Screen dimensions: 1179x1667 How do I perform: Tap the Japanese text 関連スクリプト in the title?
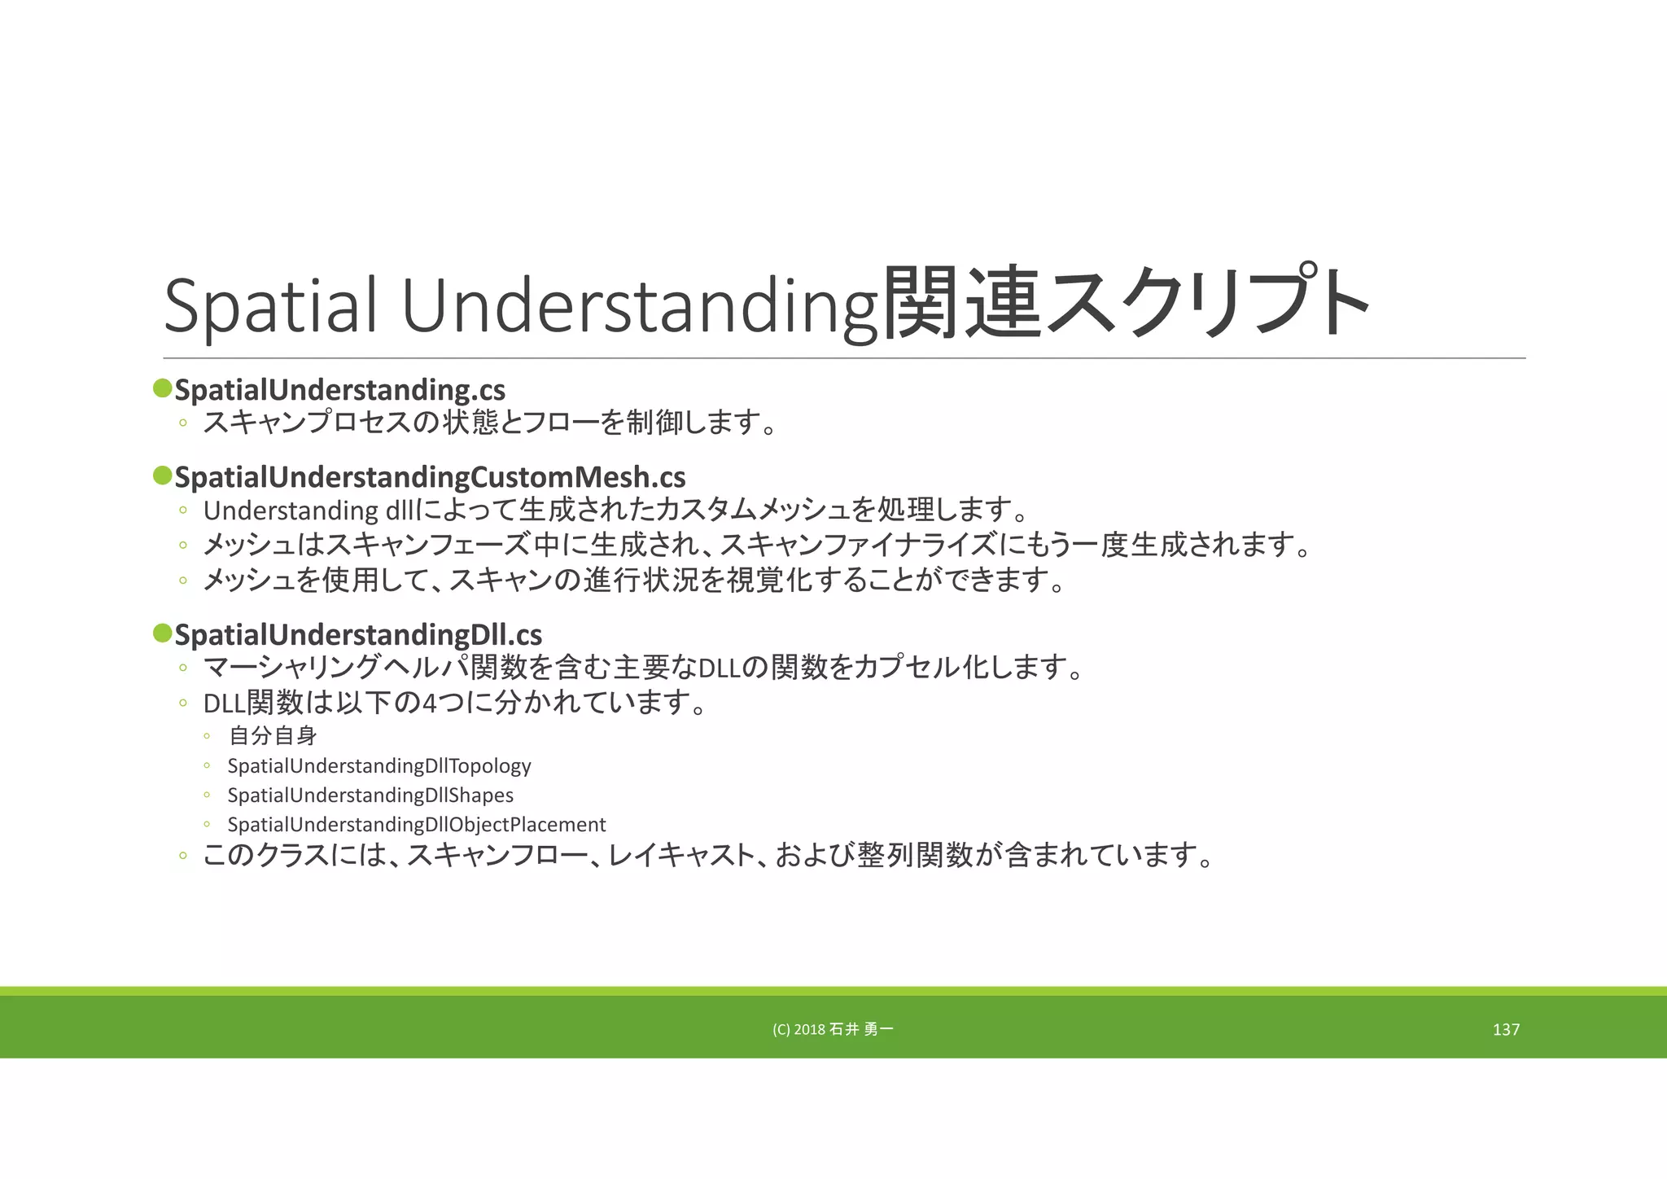point(1126,303)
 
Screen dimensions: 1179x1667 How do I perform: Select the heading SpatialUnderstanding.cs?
point(340,390)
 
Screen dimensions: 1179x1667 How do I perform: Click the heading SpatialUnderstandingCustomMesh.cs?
point(430,477)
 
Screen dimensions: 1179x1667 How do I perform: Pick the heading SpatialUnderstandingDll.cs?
point(358,635)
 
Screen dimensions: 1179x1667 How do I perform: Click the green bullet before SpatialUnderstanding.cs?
point(162,388)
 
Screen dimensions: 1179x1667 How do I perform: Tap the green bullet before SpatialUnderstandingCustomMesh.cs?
point(162,475)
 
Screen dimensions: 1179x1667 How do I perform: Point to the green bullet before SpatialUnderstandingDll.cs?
point(162,633)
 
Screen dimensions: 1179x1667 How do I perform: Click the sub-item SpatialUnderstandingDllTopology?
point(379,766)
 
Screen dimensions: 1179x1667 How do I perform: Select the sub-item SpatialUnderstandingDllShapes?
point(370,795)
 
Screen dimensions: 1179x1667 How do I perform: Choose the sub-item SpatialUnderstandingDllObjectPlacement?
point(417,825)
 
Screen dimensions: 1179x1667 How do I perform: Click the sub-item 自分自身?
point(273,736)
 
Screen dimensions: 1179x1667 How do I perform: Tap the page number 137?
point(1506,1030)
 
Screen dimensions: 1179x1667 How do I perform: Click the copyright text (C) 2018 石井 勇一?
point(833,1030)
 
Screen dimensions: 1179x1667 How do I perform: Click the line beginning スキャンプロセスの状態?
point(488,423)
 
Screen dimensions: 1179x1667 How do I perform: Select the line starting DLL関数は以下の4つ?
point(454,703)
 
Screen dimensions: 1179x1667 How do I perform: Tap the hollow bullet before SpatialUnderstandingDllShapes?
point(208,795)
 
